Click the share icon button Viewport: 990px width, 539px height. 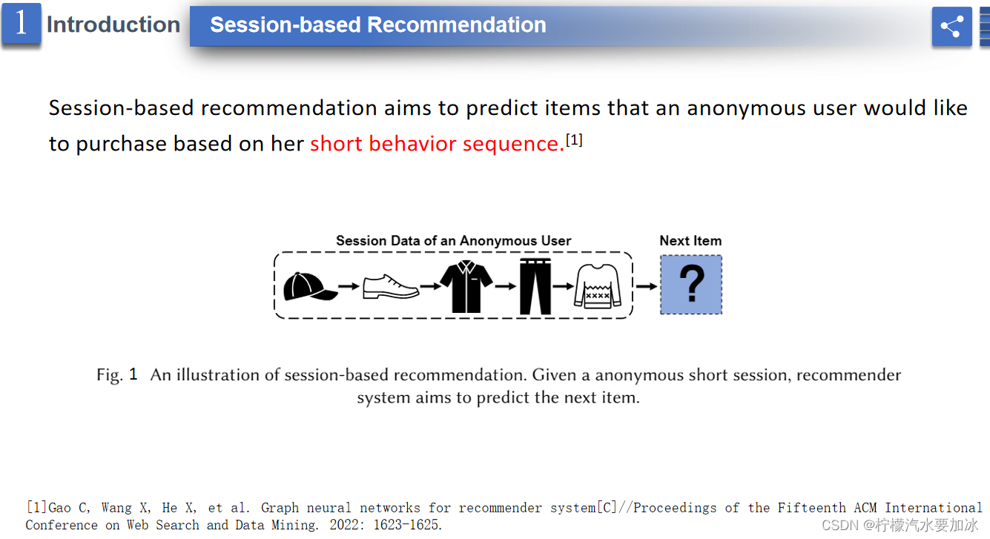coord(951,27)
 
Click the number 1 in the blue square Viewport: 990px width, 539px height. coord(21,22)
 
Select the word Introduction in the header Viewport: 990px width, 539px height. coord(113,24)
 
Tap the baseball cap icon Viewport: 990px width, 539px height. coord(310,287)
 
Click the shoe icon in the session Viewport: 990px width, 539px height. coord(391,287)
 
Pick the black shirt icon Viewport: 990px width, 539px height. coord(466,286)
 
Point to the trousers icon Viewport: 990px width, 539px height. coord(535,286)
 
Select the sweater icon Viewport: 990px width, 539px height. coord(598,286)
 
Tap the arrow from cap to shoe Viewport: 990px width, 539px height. coord(349,286)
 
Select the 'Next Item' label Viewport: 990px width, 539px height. coord(690,241)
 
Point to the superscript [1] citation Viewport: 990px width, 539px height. coord(574,140)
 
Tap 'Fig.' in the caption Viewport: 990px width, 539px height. coord(110,375)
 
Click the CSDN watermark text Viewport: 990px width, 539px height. coord(900,525)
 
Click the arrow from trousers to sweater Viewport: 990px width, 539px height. coord(563,286)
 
